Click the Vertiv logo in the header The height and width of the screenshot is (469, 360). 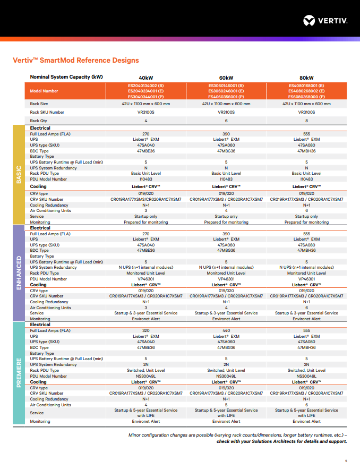click(x=325, y=21)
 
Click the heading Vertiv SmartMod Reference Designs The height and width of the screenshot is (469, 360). click(x=76, y=61)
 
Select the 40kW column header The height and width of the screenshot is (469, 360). click(x=146, y=78)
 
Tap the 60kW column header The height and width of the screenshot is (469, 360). click(x=226, y=78)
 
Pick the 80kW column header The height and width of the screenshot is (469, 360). click(x=306, y=78)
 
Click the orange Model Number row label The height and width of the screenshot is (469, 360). click(x=44, y=91)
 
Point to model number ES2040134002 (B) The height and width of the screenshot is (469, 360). click(x=146, y=86)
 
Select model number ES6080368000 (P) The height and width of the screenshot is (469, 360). click(x=306, y=97)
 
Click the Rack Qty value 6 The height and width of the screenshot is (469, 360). click(x=226, y=121)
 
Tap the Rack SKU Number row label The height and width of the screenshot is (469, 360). click(x=47, y=113)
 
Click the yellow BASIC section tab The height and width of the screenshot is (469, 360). click(x=19, y=175)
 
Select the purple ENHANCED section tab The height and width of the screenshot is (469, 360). click(x=19, y=273)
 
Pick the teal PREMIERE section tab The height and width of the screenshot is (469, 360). click(x=19, y=373)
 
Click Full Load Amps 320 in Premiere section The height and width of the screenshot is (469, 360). click(x=146, y=330)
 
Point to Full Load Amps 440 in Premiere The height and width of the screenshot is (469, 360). click(x=226, y=330)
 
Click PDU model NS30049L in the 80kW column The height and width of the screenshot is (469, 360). click(x=306, y=376)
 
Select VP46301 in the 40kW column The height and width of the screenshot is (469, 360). click(x=146, y=279)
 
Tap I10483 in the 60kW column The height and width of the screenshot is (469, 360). click(x=226, y=180)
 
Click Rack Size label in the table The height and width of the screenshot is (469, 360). click(x=39, y=104)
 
